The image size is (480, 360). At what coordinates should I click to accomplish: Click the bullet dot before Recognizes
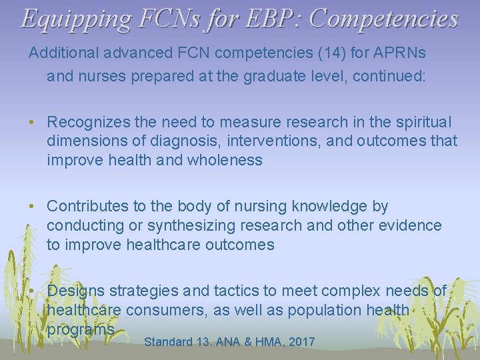click(33, 123)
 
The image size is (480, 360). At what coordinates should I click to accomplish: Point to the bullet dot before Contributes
click(33, 207)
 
